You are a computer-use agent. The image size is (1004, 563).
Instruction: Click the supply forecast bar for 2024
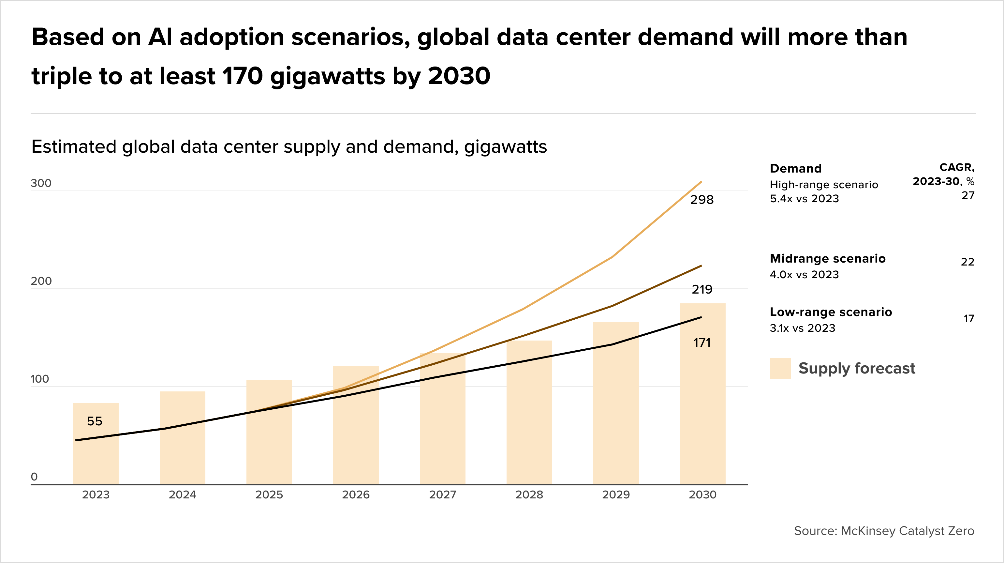coord(183,441)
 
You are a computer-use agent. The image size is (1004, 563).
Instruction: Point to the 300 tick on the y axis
coord(41,183)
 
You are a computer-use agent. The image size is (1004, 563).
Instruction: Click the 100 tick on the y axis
coord(40,379)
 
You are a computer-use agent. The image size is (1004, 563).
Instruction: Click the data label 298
coord(701,200)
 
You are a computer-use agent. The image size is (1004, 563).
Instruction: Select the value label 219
coord(702,289)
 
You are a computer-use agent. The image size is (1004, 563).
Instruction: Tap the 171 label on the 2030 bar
coord(702,343)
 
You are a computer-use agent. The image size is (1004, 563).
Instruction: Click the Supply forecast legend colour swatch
coord(780,368)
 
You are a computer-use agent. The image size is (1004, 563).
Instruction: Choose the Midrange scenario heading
coord(827,258)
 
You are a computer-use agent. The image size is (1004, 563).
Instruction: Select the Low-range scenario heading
coord(831,312)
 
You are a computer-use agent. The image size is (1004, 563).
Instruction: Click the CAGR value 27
coord(968,195)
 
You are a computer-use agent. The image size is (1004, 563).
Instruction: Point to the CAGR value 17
coord(968,319)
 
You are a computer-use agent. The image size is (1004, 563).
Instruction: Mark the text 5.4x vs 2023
coord(804,198)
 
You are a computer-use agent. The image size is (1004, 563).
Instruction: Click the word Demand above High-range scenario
coord(795,168)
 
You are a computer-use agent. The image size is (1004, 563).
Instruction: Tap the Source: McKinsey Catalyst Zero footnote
coord(884,531)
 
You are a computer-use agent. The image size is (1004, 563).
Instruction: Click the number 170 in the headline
coord(243,76)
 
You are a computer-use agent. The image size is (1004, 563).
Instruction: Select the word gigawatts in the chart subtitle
coord(506,147)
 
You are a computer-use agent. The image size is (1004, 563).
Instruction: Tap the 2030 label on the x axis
coord(702,495)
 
